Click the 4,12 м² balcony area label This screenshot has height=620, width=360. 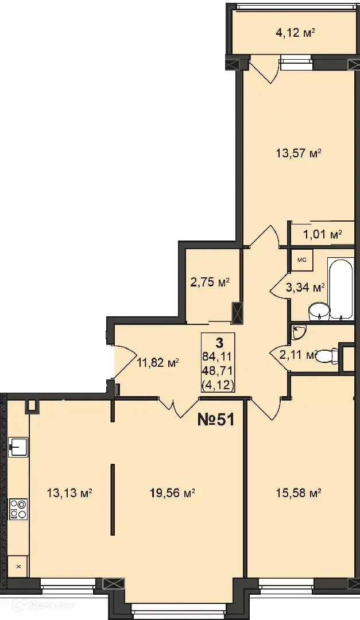(296, 33)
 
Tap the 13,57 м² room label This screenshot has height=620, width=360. (299, 154)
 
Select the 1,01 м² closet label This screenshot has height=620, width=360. (322, 234)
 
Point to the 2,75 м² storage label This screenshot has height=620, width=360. (210, 282)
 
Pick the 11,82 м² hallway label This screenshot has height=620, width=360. (158, 362)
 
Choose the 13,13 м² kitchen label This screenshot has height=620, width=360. (70, 493)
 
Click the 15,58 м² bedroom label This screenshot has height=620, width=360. (299, 493)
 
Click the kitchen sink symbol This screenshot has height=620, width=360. (18, 445)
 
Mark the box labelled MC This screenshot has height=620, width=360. (301, 260)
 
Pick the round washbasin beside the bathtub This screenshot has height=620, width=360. (319, 312)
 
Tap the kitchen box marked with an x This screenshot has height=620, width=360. (18, 567)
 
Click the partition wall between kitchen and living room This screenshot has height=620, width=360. (113, 498)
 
